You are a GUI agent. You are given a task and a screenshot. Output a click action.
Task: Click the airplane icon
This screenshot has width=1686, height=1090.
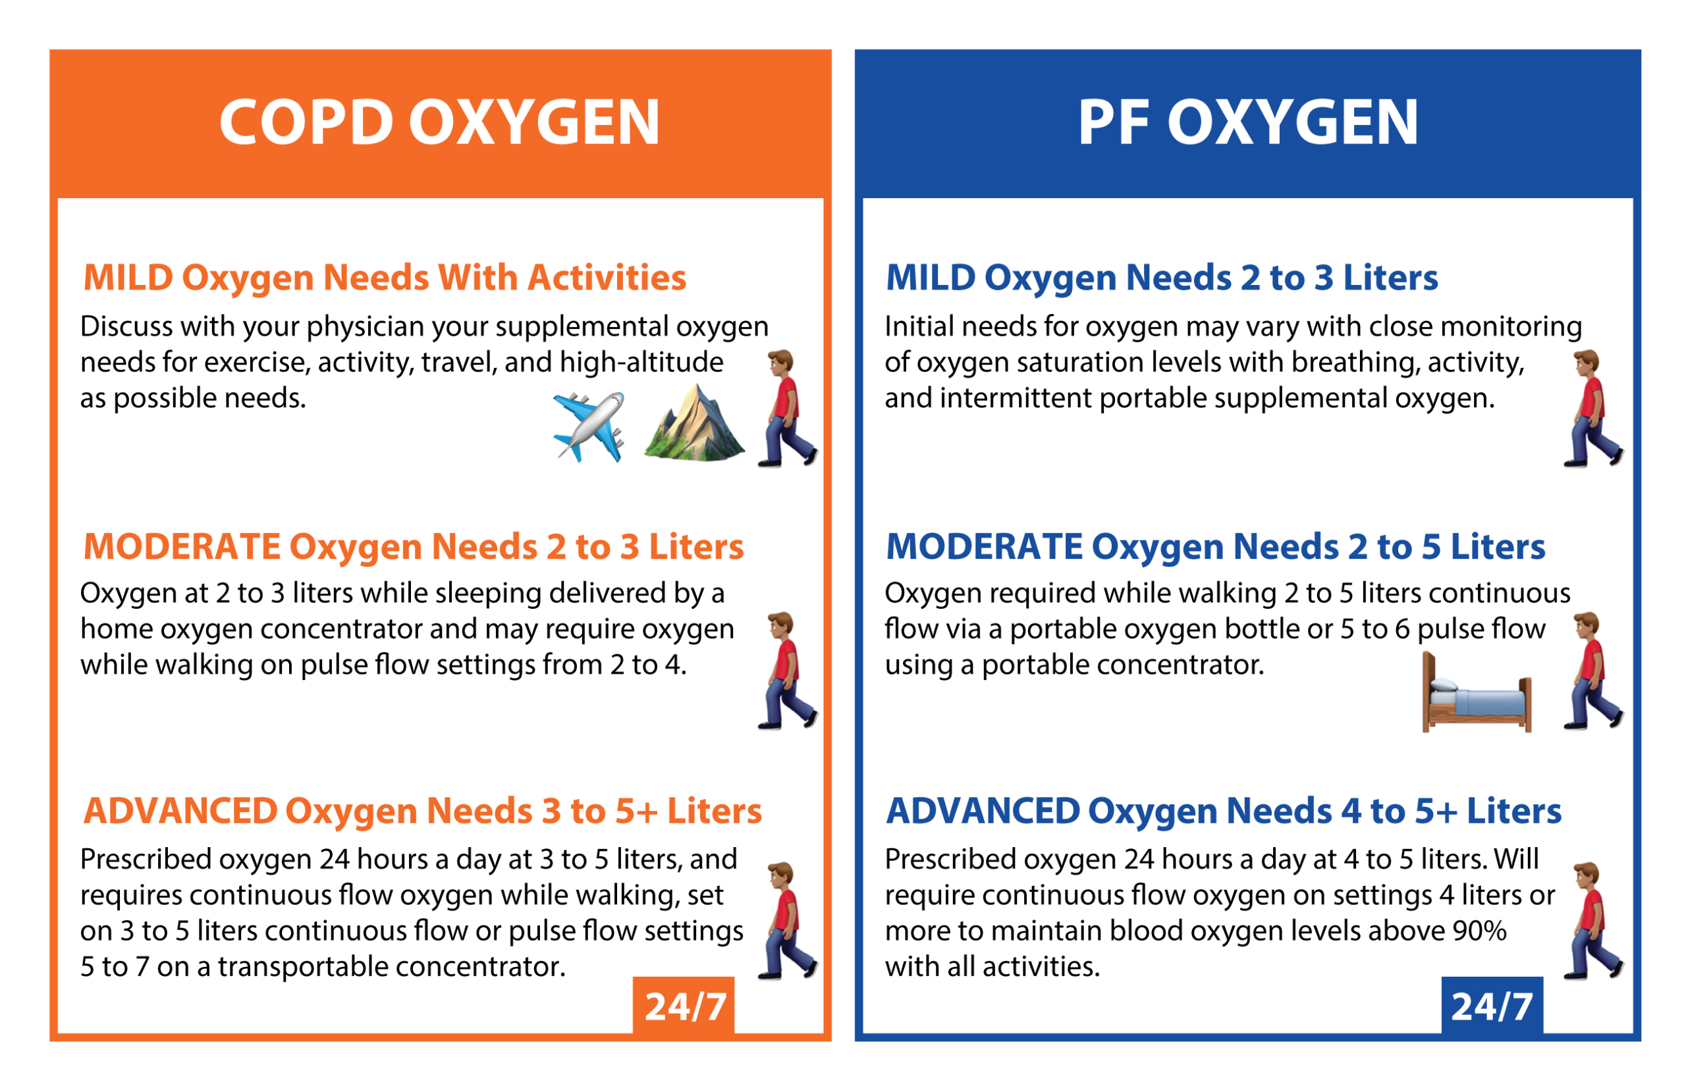(588, 427)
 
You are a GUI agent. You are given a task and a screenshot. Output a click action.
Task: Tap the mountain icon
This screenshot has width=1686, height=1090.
(694, 423)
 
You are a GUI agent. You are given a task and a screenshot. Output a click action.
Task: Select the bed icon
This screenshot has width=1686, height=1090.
(1477, 693)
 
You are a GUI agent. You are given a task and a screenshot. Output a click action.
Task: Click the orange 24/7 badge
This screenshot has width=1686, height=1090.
(684, 1006)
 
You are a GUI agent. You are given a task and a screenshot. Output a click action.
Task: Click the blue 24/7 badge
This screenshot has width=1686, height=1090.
(1492, 1006)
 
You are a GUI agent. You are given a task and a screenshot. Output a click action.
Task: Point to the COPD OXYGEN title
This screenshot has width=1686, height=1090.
(440, 122)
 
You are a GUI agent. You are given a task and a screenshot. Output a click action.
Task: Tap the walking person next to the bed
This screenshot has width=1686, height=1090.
(1593, 671)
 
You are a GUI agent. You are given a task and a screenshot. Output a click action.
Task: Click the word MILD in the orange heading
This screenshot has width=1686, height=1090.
(128, 278)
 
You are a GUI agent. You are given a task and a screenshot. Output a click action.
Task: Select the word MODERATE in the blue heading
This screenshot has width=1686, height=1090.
(984, 546)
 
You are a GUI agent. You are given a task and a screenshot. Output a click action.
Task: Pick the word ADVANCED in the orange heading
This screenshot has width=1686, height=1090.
(180, 811)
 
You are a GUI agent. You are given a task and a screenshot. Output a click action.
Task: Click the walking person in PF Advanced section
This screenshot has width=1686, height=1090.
(1593, 921)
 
